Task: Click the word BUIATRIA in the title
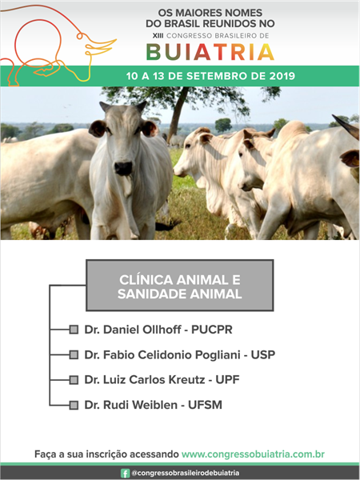click(210, 52)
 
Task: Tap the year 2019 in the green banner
click(282, 76)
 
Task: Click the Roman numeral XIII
click(158, 35)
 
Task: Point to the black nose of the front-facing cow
click(123, 168)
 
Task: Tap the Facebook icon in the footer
click(125, 474)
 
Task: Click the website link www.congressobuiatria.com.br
click(253, 454)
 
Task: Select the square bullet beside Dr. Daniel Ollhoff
click(74, 330)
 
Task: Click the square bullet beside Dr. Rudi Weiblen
click(74, 405)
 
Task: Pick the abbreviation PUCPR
click(212, 330)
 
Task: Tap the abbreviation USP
click(263, 354)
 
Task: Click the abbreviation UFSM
click(205, 405)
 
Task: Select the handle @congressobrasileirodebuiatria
click(186, 474)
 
